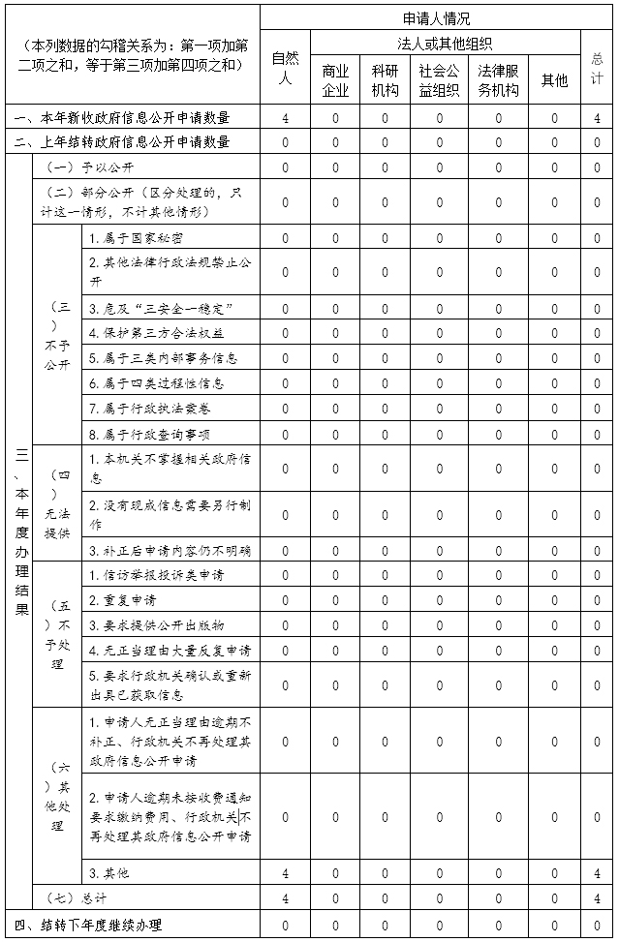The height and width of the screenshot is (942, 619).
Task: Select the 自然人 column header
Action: click(x=285, y=68)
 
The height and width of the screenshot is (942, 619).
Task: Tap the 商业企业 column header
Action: click(x=335, y=80)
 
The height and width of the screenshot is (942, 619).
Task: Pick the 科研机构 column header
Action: click(x=385, y=80)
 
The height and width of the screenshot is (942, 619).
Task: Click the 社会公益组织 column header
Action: click(x=439, y=80)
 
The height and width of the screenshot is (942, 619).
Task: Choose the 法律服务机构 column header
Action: click(x=499, y=80)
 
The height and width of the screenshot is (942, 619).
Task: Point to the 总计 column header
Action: click(x=597, y=68)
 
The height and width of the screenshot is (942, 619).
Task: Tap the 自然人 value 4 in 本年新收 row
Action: click(x=285, y=118)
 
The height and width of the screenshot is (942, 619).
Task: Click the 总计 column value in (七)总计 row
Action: click(x=597, y=898)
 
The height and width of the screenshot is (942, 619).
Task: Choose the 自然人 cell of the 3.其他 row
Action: click(x=285, y=874)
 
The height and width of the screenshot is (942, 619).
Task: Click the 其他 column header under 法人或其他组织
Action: click(x=554, y=80)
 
